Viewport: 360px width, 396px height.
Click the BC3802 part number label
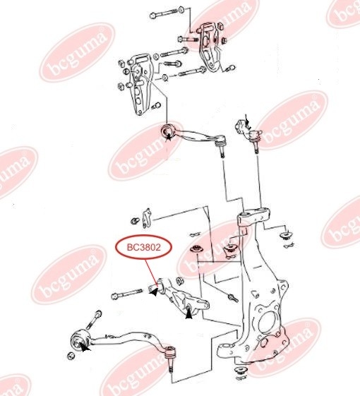click(144, 247)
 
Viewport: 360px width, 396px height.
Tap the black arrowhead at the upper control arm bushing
click(169, 137)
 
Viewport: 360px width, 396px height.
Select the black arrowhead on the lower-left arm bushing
click(85, 347)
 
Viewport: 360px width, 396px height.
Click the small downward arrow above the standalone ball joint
click(247, 121)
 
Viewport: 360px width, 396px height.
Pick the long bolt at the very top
click(167, 13)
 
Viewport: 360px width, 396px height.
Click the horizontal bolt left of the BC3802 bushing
click(127, 294)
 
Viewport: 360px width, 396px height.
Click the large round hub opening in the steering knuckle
click(267, 323)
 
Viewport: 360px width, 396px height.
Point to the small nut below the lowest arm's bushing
click(71, 356)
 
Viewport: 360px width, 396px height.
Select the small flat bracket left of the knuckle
click(146, 218)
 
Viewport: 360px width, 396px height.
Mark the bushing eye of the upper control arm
click(167, 131)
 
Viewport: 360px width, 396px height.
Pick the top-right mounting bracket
click(209, 47)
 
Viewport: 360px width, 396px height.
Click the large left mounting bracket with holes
click(138, 85)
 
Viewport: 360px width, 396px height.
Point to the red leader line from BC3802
click(151, 272)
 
